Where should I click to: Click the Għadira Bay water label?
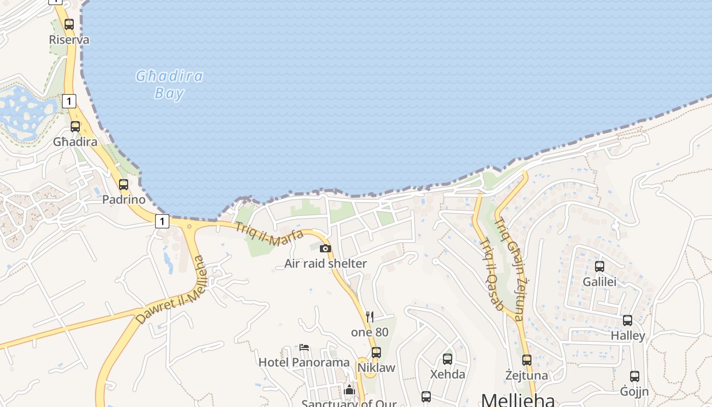coord(169,84)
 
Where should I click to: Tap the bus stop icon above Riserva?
coord(69,24)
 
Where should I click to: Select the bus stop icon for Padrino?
coord(124,185)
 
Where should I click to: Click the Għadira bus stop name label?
coord(75,142)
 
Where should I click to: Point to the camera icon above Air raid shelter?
coord(325,248)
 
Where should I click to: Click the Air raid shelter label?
coord(325,264)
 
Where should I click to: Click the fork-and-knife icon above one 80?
coord(370,317)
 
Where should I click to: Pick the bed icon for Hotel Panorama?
coord(304,347)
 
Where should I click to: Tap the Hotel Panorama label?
coord(304,362)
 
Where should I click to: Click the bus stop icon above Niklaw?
coord(376,352)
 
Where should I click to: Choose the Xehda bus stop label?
coord(448,374)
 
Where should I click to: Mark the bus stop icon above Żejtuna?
coord(527,360)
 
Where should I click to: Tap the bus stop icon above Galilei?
coord(600,266)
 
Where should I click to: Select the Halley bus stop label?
coord(628,336)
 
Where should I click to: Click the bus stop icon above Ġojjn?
coord(635,376)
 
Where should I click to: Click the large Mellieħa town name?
coord(518,399)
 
